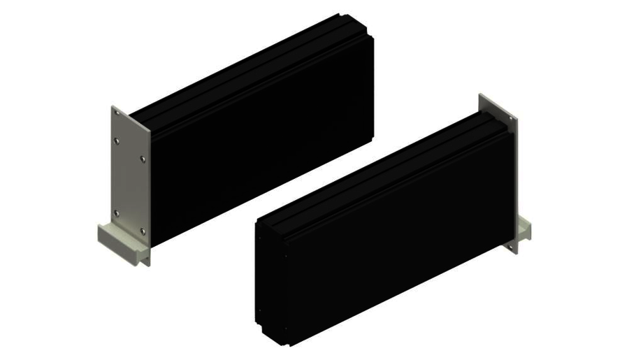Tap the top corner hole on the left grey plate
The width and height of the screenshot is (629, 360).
tap(115, 113)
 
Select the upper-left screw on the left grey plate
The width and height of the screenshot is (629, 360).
tap(116, 141)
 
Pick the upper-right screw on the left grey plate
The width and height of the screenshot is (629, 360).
tap(143, 160)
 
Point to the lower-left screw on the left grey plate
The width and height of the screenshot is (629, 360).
tap(116, 213)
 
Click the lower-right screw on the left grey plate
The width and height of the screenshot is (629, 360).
tap(143, 231)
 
